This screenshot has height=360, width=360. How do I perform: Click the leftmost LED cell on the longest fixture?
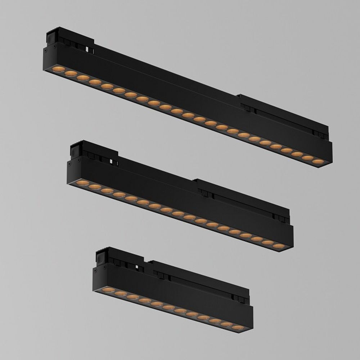(x=59, y=69)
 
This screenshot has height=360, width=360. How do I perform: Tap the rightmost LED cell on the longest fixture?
(x=318, y=162)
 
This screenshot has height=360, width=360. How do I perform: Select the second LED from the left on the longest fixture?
(x=71, y=73)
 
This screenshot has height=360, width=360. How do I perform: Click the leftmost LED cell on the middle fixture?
(x=82, y=183)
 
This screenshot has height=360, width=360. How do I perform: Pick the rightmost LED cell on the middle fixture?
(x=279, y=246)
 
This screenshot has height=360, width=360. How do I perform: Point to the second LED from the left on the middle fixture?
(x=95, y=187)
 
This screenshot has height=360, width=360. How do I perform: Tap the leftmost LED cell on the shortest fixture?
(x=108, y=289)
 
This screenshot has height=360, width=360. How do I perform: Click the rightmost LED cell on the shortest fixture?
(x=238, y=327)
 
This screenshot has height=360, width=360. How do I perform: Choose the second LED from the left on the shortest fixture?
(x=121, y=293)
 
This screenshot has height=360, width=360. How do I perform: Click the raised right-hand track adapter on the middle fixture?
(x=241, y=198)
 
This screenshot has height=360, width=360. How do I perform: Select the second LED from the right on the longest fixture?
(x=307, y=158)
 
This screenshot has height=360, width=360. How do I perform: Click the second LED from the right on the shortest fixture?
(x=227, y=324)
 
